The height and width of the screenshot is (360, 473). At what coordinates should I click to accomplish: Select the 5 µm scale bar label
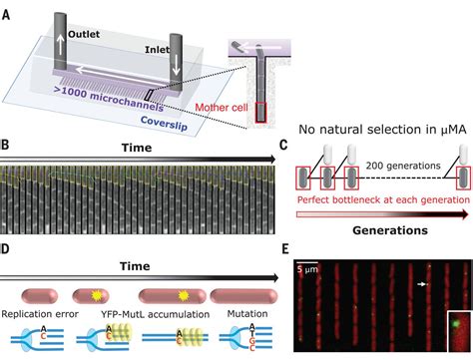pyautogui.click(x=309, y=266)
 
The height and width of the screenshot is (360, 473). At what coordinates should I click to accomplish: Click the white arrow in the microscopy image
pyautogui.click(x=423, y=284)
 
